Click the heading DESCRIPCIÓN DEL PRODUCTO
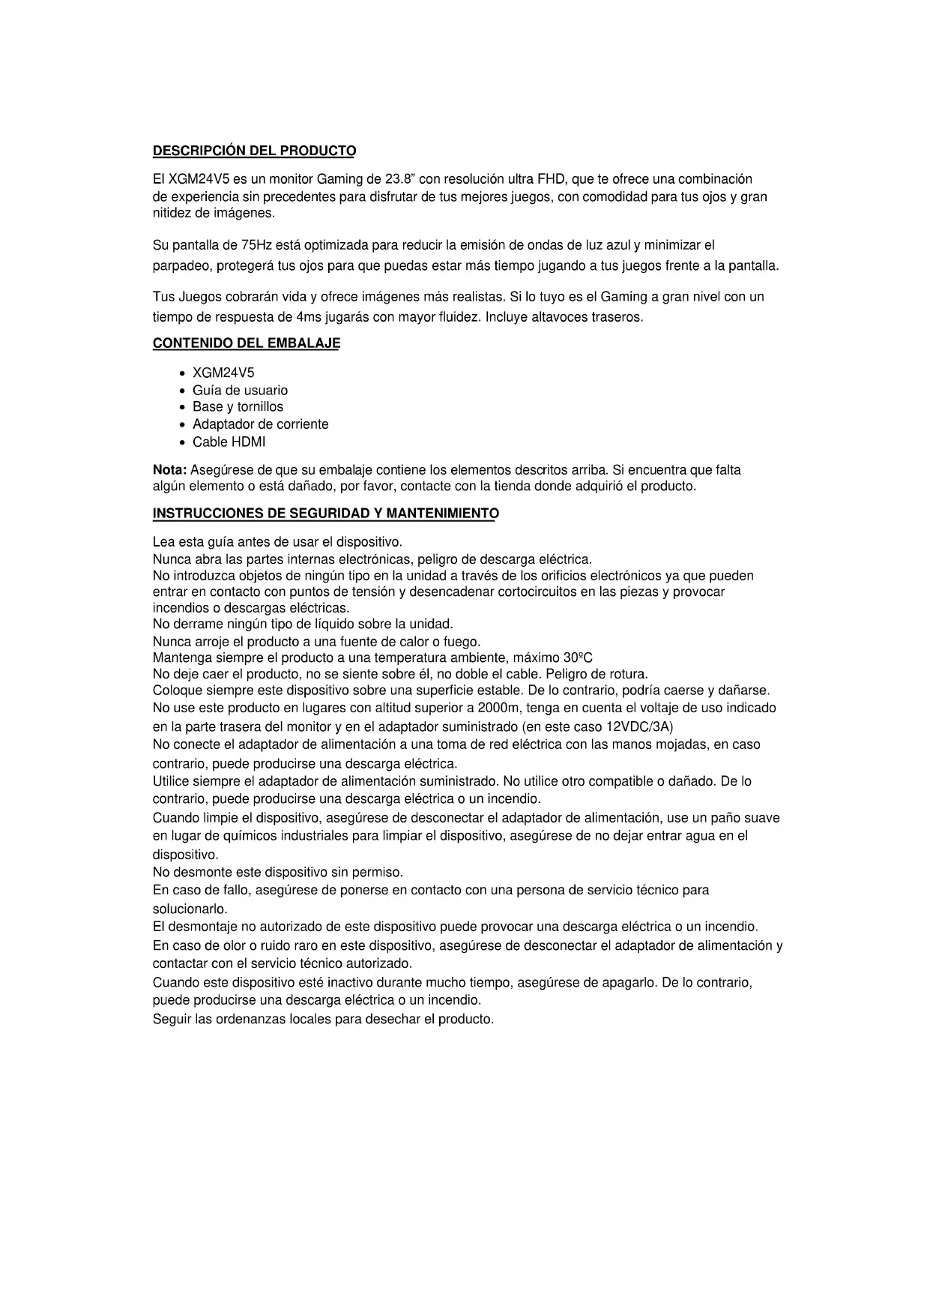click(254, 151)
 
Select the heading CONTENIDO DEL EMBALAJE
click(246, 343)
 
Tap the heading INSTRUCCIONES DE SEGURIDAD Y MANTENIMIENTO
click(325, 514)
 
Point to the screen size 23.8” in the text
click(401, 179)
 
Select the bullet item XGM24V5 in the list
click(223, 373)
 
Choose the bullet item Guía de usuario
click(240, 390)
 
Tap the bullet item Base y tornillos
click(238, 407)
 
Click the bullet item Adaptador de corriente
click(260, 424)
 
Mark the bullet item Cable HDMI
click(229, 442)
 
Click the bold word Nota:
click(169, 470)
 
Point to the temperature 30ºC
click(578, 658)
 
